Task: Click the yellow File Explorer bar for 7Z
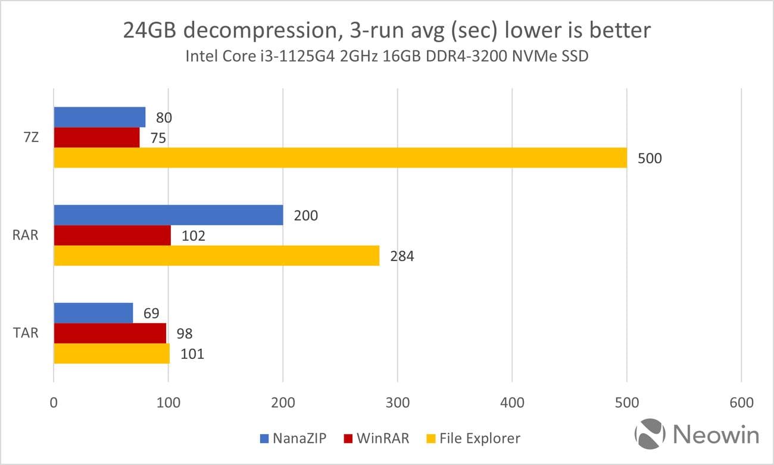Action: (x=340, y=158)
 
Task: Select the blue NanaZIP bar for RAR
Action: (x=168, y=215)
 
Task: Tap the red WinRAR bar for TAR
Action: (x=110, y=333)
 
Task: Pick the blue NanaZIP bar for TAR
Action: (x=93, y=313)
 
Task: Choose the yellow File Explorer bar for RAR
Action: (x=217, y=256)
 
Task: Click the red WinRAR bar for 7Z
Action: (x=96, y=138)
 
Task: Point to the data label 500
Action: (x=650, y=159)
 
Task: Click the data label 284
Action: (x=402, y=256)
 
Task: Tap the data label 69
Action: (x=151, y=314)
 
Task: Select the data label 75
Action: (x=158, y=138)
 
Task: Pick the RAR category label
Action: (x=26, y=235)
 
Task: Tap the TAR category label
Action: (x=26, y=333)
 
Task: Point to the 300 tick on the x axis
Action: (x=398, y=403)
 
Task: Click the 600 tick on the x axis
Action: (x=741, y=403)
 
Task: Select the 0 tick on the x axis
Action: (x=54, y=403)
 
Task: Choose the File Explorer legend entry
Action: (x=473, y=439)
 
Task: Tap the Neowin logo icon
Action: (x=650, y=435)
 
